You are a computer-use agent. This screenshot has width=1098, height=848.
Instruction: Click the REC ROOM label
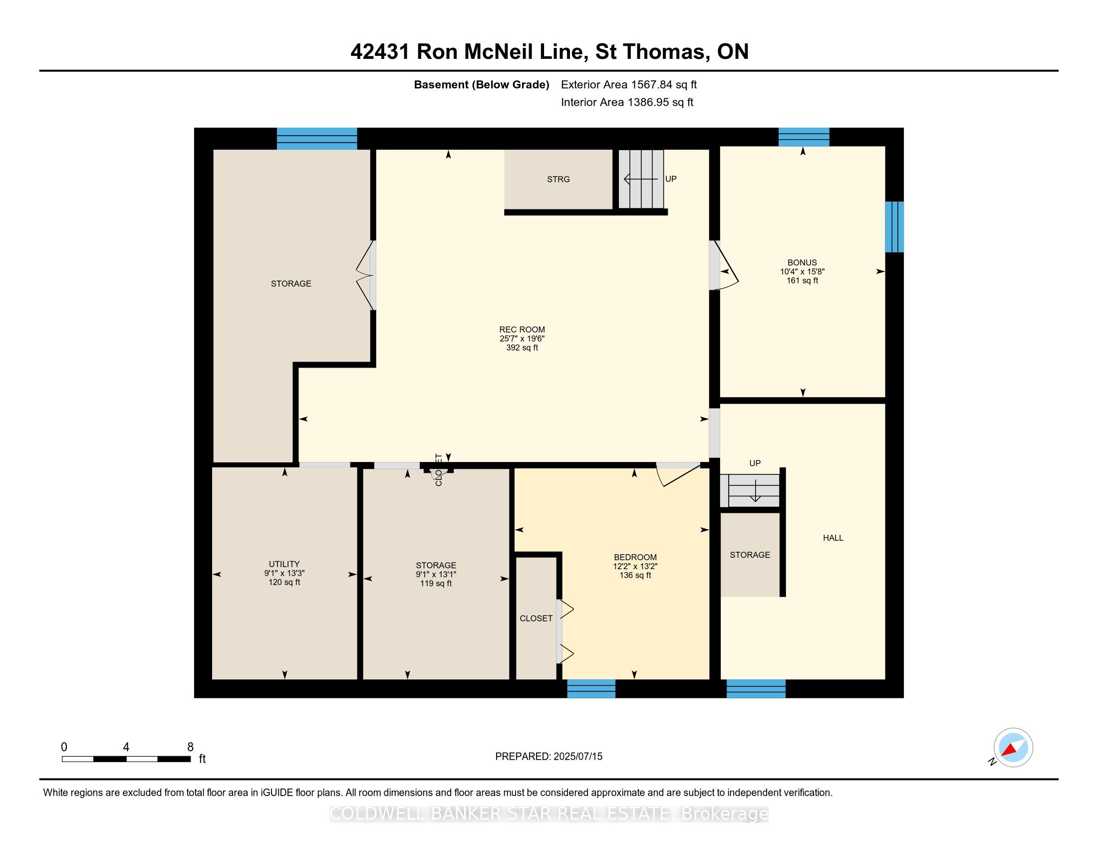tap(522, 330)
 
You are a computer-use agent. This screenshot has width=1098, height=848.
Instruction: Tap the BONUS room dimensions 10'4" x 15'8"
tap(802, 271)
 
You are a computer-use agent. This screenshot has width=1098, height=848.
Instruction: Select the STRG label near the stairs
tap(558, 180)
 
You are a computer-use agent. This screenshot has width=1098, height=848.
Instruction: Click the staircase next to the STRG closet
tap(640, 179)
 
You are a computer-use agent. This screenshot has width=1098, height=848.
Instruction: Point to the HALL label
tap(832, 538)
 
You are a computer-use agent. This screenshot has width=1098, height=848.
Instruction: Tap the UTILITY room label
tap(284, 564)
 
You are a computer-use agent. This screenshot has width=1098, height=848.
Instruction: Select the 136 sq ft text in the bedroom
tap(635, 575)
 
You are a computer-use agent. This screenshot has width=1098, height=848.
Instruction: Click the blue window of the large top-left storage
tap(317, 139)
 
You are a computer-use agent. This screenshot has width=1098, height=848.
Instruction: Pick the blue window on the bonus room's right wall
tap(894, 226)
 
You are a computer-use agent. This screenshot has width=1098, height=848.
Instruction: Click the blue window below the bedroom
tap(591, 688)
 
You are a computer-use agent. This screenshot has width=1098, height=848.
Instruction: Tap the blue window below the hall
tap(756, 688)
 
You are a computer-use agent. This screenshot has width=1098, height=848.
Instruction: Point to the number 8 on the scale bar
tap(190, 747)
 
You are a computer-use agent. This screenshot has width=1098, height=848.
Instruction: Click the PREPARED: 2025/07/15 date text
tap(549, 757)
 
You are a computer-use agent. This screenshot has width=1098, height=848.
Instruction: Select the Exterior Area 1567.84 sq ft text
tap(628, 84)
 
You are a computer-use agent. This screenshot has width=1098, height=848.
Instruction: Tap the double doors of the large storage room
tap(366, 275)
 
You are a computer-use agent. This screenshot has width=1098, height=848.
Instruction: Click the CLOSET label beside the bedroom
tap(536, 619)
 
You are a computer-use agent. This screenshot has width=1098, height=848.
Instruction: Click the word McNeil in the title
tap(500, 52)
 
